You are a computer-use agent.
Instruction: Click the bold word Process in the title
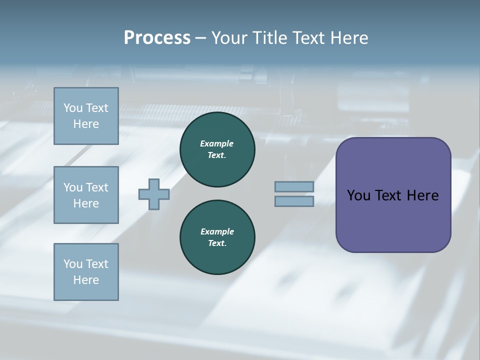(x=157, y=37)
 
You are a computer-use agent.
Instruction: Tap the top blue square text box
(x=86, y=116)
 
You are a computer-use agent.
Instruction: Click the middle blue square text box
(x=86, y=195)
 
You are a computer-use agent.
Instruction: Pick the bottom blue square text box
(x=86, y=272)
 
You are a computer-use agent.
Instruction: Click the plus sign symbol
(x=154, y=193)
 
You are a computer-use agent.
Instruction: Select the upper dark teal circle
(x=217, y=149)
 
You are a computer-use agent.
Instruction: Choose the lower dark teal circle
(x=217, y=237)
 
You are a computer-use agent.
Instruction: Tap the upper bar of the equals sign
(x=294, y=186)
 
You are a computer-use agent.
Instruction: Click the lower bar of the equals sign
(x=294, y=201)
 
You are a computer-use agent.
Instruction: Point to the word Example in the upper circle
(x=217, y=143)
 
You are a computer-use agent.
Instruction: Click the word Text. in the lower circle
(x=217, y=243)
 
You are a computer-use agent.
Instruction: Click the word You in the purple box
(x=358, y=195)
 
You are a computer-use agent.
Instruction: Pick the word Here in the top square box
(x=86, y=124)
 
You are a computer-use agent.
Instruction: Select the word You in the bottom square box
(x=73, y=264)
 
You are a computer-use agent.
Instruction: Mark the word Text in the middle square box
(x=96, y=187)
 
